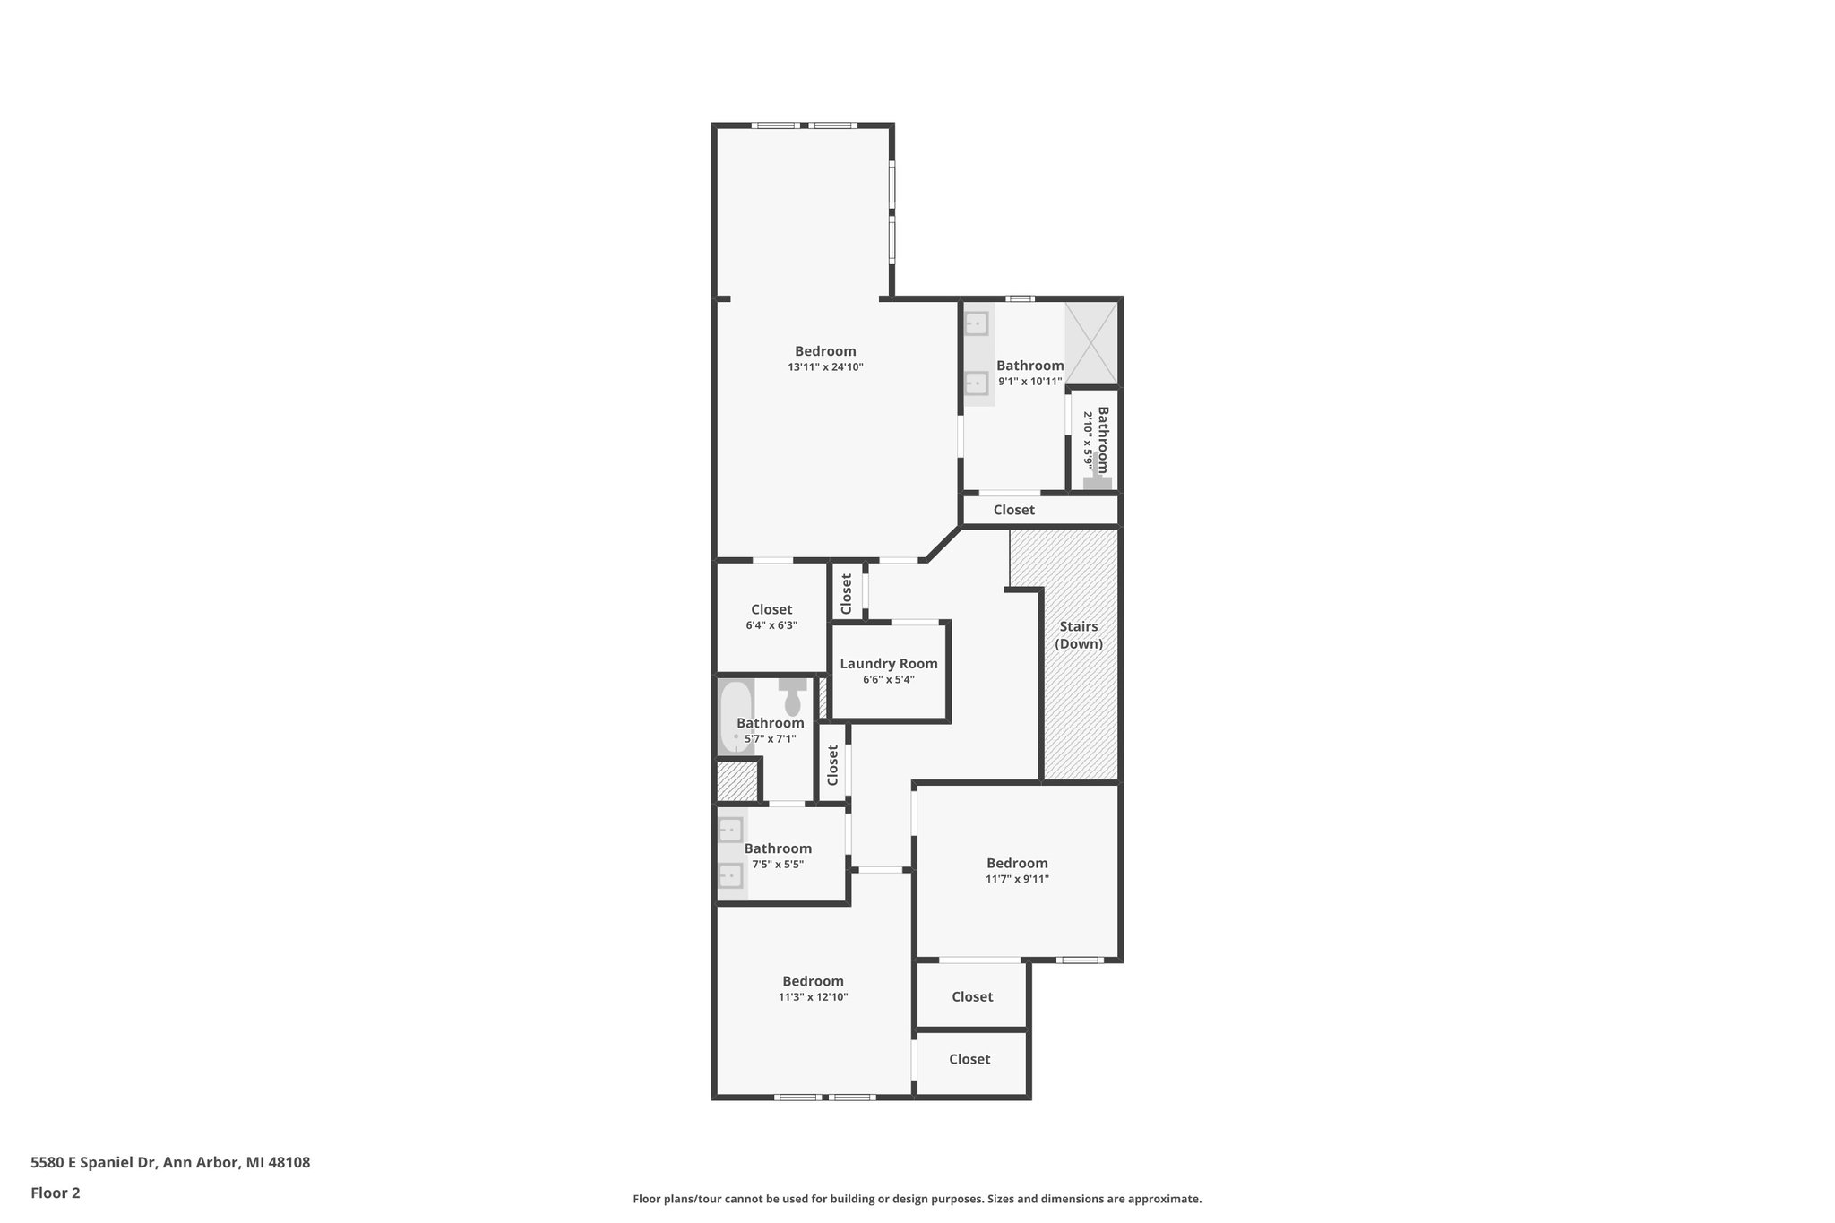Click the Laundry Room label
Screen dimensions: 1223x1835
[888, 664]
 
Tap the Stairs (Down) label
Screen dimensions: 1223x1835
[1078, 635]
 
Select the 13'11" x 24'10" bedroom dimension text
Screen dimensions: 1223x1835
[825, 367]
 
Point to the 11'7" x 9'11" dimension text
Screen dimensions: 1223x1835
[1017, 879]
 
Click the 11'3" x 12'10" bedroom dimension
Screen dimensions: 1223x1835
[813, 997]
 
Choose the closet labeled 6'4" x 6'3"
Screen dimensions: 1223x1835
[771, 617]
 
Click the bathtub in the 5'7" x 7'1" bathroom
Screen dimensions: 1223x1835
[736, 717]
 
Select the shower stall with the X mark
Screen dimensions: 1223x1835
[1090, 343]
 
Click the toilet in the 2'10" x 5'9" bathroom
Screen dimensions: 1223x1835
[1097, 480]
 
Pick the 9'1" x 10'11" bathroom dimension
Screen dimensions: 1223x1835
[1029, 382]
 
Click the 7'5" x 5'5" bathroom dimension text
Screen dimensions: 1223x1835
[777, 865]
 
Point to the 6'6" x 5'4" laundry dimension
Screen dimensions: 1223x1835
[888, 680]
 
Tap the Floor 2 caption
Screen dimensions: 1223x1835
[56, 1193]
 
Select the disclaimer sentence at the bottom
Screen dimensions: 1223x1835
[917, 1199]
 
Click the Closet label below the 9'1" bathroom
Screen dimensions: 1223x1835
[1013, 510]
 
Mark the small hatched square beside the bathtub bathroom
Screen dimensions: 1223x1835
[737, 780]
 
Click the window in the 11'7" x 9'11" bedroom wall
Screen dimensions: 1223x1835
[1078, 960]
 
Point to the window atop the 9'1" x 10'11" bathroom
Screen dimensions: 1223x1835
[1020, 298]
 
